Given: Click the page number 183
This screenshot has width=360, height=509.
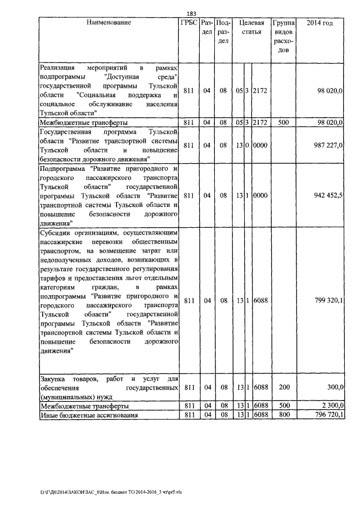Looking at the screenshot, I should (x=190, y=13).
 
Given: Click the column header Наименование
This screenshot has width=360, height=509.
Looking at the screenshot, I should (x=109, y=23).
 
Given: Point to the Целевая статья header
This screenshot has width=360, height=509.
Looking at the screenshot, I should (x=251, y=28).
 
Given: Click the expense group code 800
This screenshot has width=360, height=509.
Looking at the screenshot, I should (x=283, y=415).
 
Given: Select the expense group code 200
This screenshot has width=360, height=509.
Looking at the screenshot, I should (x=283, y=387).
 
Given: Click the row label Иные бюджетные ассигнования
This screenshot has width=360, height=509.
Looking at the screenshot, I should (x=83, y=415).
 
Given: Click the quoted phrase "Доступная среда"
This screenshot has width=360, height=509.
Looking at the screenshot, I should (x=141, y=76).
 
